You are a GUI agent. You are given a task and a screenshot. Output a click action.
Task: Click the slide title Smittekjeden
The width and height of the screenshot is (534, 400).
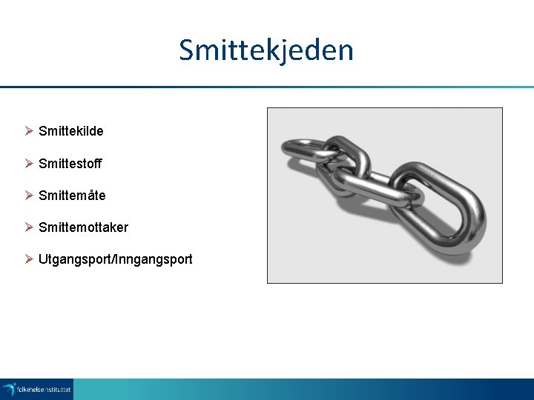(x=266, y=50)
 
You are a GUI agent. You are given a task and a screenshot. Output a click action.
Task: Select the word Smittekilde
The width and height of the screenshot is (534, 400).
(x=71, y=131)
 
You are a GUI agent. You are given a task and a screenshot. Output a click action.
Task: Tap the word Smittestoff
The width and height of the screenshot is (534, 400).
(x=70, y=163)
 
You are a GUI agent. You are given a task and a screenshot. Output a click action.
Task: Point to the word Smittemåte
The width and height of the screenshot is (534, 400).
(x=72, y=196)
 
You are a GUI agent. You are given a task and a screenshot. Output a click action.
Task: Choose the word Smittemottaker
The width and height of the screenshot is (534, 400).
(x=83, y=227)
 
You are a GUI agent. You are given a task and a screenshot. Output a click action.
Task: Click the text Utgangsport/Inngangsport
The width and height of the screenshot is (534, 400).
(x=115, y=259)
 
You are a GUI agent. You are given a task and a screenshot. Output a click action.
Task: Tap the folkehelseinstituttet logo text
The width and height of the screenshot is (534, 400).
(x=44, y=388)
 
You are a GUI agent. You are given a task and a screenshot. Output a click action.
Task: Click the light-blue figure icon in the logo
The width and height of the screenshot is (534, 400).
(x=9, y=388)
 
